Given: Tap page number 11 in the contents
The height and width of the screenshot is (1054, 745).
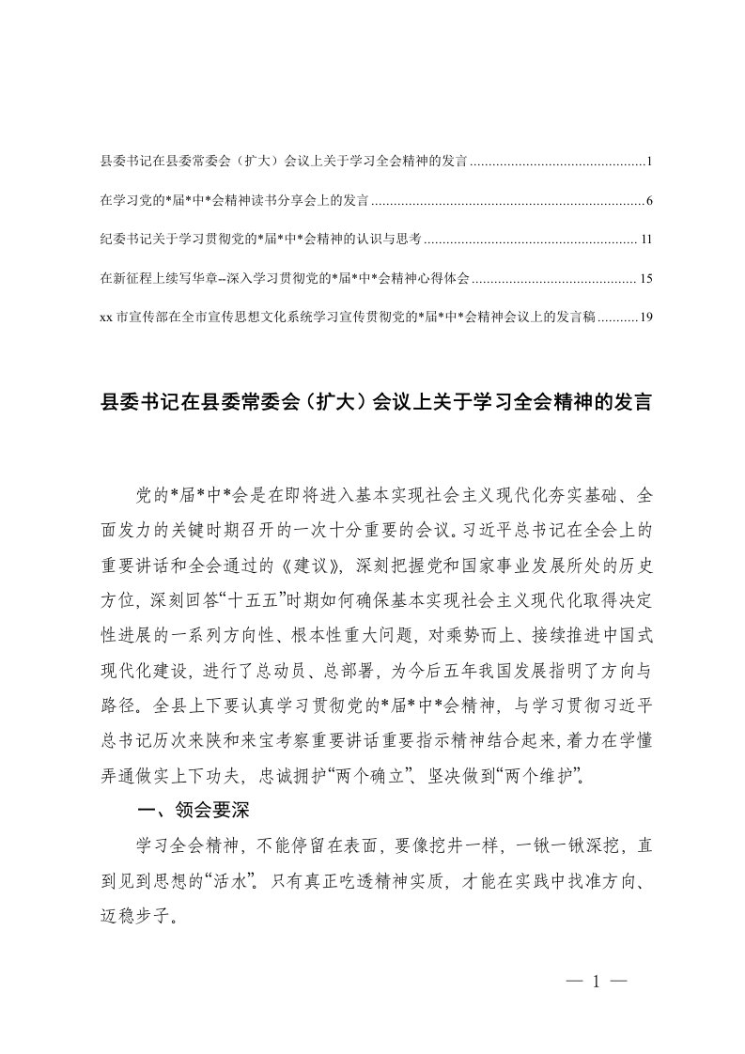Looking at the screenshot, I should [x=645, y=240].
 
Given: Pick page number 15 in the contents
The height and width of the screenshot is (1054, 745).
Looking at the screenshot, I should [x=645, y=278].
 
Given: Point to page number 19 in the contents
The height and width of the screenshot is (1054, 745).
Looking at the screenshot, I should [x=645, y=317].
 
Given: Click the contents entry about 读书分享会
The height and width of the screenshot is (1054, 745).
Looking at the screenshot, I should [x=234, y=201].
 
